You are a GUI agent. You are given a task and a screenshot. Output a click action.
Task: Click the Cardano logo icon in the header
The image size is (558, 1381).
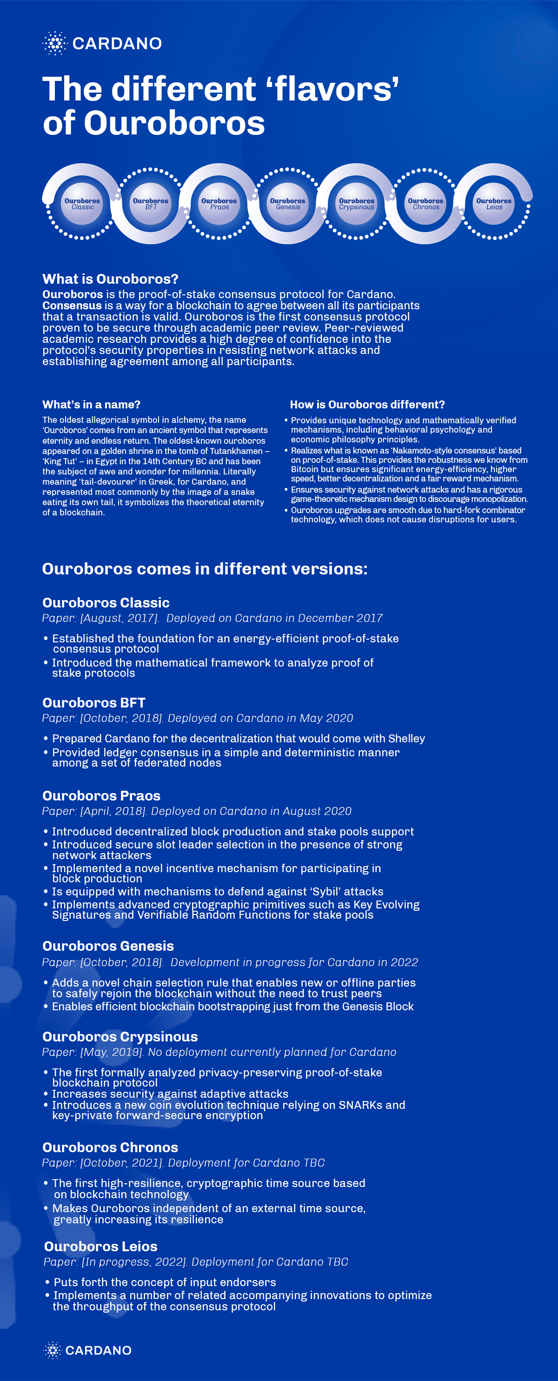pyautogui.click(x=54, y=43)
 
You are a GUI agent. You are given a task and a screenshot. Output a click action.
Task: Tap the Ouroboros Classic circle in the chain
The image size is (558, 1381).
pyautogui.click(x=82, y=204)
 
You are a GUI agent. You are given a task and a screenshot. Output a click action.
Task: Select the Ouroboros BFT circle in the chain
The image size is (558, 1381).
pyautogui.click(x=151, y=204)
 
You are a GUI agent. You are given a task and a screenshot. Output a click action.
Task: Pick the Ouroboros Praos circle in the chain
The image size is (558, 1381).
pyautogui.click(x=219, y=204)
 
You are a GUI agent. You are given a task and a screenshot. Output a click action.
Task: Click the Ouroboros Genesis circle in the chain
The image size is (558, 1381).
pyautogui.click(x=288, y=204)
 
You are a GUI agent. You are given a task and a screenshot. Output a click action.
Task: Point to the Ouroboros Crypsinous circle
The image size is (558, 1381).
pyautogui.click(x=357, y=204)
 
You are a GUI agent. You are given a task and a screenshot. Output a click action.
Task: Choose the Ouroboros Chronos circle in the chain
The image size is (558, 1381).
pyautogui.click(x=425, y=204)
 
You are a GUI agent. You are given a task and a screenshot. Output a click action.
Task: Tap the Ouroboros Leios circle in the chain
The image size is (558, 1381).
pyautogui.click(x=494, y=204)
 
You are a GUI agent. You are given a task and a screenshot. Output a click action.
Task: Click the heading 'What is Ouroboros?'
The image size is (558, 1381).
pyautogui.click(x=110, y=279)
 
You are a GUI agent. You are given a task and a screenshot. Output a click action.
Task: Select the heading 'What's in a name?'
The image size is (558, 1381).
pyautogui.click(x=91, y=405)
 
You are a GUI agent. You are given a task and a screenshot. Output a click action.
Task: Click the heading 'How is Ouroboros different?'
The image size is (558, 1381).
pyautogui.click(x=367, y=405)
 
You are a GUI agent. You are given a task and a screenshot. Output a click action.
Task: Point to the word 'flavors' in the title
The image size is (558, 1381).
pyautogui.click(x=337, y=89)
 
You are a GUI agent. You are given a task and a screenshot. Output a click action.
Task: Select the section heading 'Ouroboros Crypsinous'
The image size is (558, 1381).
pyautogui.click(x=120, y=1037)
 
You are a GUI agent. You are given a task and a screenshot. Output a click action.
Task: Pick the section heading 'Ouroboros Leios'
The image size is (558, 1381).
pyautogui.click(x=101, y=1247)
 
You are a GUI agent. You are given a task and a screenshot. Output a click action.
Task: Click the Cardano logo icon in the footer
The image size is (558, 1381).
pyautogui.click(x=53, y=1350)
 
